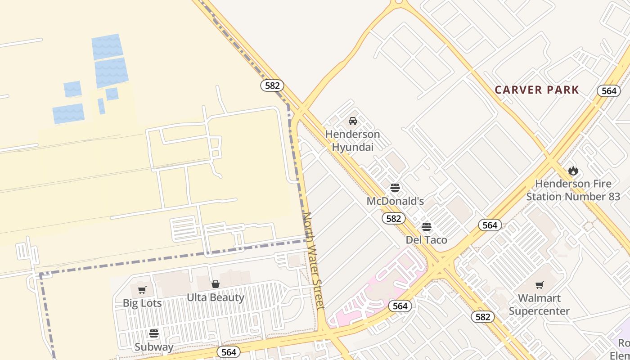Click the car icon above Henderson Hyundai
pyautogui.click(x=353, y=121)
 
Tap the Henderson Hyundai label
pyautogui.click(x=353, y=140)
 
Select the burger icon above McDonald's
pyautogui.click(x=395, y=188)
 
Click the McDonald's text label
pyautogui.click(x=395, y=201)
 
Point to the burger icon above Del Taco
pyautogui.click(x=427, y=226)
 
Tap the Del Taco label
pyautogui.click(x=427, y=240)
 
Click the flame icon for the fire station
pyautogui.click(x=573, y=171)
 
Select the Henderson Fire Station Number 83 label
pyautogui.click(x=573, y=190)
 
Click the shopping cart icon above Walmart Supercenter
pyautogui.click(x=539, y=285)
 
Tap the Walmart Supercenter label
pyautogui.click(x=539, y=304)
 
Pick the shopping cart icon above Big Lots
pyautogui.click(x=142, y=290)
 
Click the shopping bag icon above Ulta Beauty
pyautogui.click(x=216, y=284)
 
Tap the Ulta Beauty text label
pyautogui.click(x=216, y=297)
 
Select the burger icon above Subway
pyautogui.click(x=154, y=333)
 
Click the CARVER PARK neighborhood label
pyautogui.click(x=537, y=90)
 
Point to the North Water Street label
pyautogui.click(x=313, y=261)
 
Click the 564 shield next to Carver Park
pyautogui.click(x=609, y=91)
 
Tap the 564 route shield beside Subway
pyautogui.click(x=229, y=352)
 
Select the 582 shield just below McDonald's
pyautogui.click(x=393, y=219)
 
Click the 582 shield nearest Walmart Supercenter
pyautogui.click(x=482, y=317)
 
